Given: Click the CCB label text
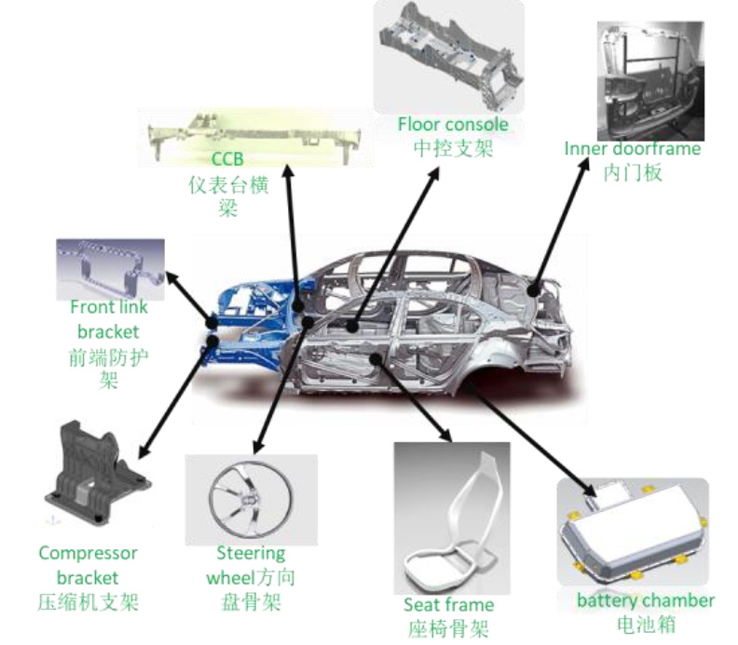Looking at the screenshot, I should pos(226,159).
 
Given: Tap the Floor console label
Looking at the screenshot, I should pos(453,124).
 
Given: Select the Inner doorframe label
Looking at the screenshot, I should pos(632,149).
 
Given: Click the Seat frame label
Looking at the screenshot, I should pos(448,605).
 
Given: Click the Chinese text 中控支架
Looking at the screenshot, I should pos(453,147).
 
